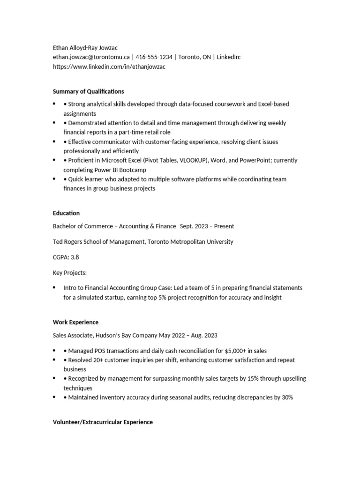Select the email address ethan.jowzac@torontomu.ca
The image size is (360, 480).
91,57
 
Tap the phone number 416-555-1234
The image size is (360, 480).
154,57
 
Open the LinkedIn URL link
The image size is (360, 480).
109,67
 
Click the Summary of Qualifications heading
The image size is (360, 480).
88,91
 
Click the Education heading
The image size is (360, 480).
66,213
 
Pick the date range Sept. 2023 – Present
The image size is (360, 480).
207,226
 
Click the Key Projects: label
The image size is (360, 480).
70,272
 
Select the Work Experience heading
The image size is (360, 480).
75,322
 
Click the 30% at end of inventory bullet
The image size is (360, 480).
287,397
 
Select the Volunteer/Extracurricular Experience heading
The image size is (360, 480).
103,422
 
